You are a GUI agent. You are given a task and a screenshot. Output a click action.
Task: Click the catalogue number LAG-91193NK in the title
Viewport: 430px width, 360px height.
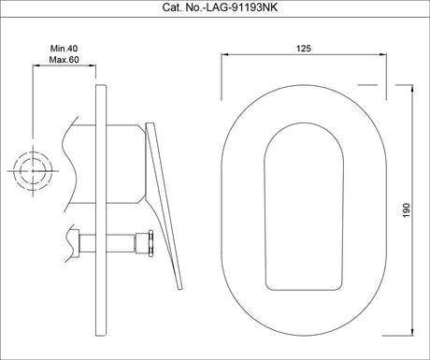click(240, 7)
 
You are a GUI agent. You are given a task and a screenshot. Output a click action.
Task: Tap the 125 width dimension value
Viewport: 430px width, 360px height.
click(304, 49)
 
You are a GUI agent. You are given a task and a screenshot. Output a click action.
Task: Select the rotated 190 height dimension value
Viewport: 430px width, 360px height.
click(407, 210)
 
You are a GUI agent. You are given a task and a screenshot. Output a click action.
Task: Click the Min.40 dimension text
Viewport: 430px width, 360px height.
click(64, 49)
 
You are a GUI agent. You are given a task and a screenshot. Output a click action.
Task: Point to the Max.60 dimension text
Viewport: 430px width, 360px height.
click(64, 60)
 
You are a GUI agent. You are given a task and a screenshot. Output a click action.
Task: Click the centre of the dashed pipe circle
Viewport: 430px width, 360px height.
click(33, 171)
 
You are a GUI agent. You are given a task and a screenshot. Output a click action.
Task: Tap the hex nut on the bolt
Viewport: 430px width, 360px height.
click(151, 243)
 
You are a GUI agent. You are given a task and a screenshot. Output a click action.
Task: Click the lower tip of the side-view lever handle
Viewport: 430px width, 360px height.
click(180, 289)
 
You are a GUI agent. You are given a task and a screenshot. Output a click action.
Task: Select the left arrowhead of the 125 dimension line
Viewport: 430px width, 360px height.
click(224, 54)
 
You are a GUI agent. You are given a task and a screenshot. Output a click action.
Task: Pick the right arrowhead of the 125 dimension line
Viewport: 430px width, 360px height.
click(383, 54)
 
